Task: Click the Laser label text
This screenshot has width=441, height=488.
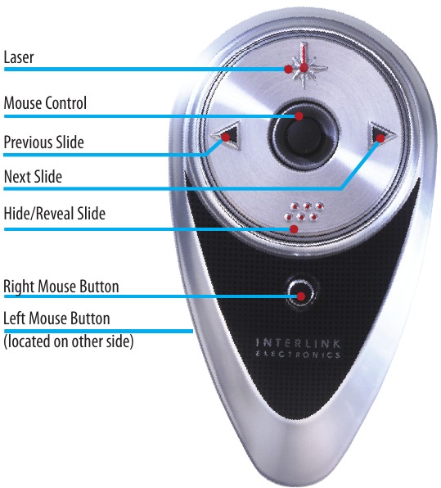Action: (x=19, y=57)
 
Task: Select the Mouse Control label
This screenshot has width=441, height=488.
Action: (x=45, y=102)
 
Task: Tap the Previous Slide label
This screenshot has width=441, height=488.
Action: (x=44, y=142)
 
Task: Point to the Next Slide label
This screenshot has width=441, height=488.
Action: (x=33, y=177)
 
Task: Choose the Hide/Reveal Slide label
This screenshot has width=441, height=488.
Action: (x=55, y=214)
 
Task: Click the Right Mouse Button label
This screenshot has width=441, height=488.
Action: (x=61, y=287)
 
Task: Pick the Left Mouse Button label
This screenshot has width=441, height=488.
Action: (x=56, y=319)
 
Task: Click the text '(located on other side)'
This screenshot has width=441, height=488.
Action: (x=69, y=341)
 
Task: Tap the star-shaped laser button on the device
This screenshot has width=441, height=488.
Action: (x=306, y=66)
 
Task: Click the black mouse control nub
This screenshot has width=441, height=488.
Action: (x=304, y=136)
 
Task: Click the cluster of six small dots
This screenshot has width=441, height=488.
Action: (x=304, y=211)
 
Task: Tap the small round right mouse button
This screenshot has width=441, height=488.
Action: (x=301, y=293)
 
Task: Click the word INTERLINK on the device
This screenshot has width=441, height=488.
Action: (x=298, y=343)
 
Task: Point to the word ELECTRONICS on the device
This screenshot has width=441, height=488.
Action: (x=298, y=355)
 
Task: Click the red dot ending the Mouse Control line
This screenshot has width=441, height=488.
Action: (x=299, y=116)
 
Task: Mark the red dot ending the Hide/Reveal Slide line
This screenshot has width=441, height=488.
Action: (x=294, y=229)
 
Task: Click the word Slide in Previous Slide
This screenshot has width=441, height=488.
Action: (x=70, y=142)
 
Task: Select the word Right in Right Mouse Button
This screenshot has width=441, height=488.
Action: (x=20, y=287)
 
